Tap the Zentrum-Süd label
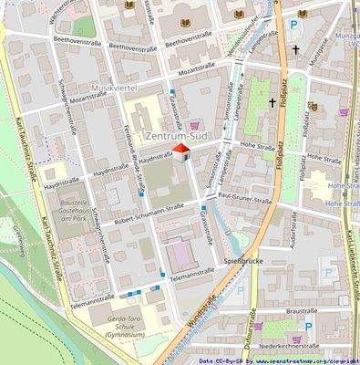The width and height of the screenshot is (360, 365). click(x=178, y=137)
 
